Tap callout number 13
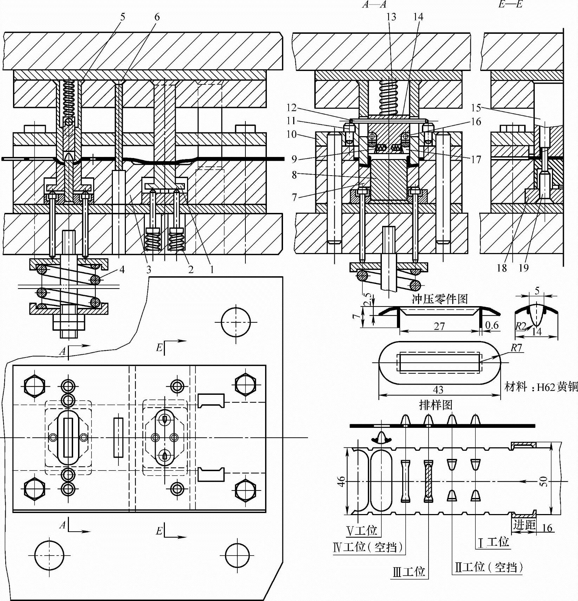[391, 17]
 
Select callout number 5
[122, 17]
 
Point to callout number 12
[291, 108]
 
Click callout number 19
[524, 268]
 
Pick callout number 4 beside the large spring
[122, 270]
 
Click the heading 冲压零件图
[439, 299]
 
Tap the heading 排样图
[436, 405]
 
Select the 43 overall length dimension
[438, 390]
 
